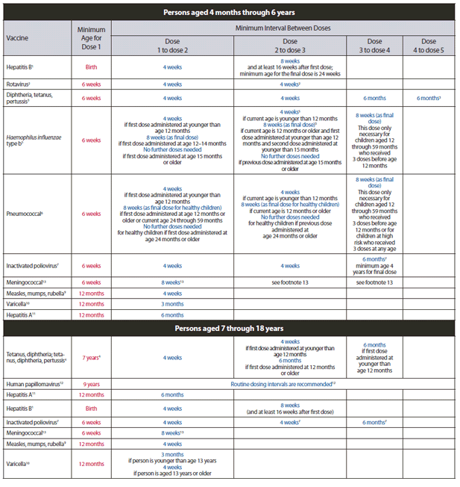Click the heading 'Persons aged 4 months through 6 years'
click(x=229, y=12)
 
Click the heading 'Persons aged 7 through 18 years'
click(x=229, y=327)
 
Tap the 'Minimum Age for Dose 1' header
click(x=92, y=37)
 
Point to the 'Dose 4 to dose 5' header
click(x=429, y=46)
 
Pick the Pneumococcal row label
click(x=25, y=214)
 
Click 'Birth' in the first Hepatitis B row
click(x=92, y=67)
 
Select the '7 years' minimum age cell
click(x=92, y=358)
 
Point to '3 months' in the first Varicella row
click(x=173, y=304)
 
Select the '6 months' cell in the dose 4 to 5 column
click(x=429, y=98)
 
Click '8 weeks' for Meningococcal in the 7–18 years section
click(x=173, y=432)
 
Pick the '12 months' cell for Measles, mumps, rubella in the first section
click(x=92, y=294)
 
